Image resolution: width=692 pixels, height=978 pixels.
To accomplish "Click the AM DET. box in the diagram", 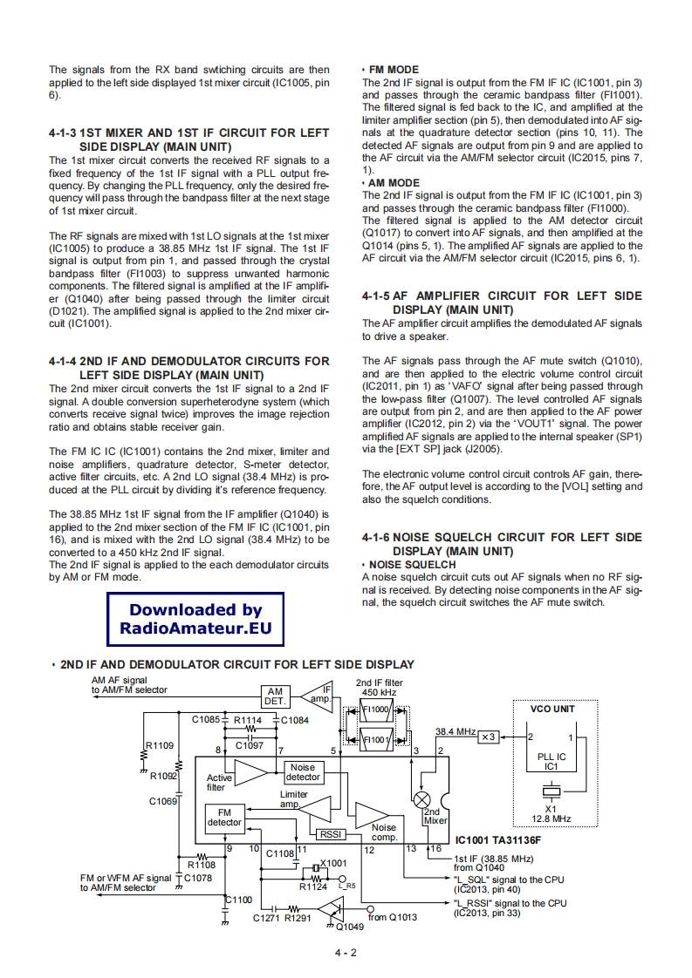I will coord(277,696).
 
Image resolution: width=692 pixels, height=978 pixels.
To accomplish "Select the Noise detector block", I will coord(303,772).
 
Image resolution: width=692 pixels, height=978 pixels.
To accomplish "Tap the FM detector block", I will coord(224,817).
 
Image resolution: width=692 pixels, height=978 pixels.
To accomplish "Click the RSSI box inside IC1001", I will coord(330,834).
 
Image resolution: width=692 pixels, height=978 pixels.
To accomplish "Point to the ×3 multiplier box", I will coord(488,737).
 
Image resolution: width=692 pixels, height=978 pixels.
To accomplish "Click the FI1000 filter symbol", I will coord(376,710).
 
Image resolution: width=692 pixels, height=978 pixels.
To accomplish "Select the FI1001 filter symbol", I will coord(376,739).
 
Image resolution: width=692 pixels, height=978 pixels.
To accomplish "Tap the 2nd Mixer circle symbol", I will coord(422,799).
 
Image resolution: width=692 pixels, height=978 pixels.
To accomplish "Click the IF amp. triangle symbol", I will coord(318,694).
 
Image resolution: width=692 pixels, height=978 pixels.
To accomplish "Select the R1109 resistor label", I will coord(160,745).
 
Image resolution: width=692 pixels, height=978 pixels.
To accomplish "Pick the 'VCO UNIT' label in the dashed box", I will coord(552,709).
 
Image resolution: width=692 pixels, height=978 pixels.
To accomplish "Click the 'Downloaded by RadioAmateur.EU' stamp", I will coord(195,619).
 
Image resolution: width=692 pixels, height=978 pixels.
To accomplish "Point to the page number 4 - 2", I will coord(346,952).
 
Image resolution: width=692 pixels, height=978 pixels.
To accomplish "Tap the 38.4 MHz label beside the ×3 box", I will coord(455,731).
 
